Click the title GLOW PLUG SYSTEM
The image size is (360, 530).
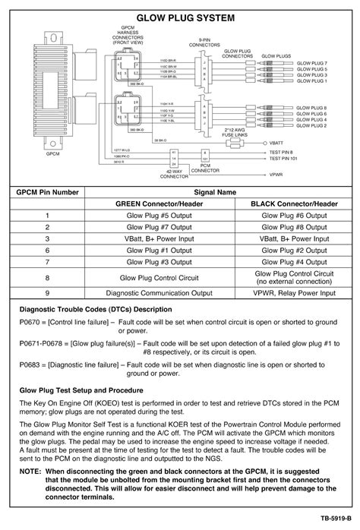180,17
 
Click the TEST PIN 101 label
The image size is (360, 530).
283,159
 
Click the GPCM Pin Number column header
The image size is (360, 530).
49,193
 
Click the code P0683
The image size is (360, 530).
31,364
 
